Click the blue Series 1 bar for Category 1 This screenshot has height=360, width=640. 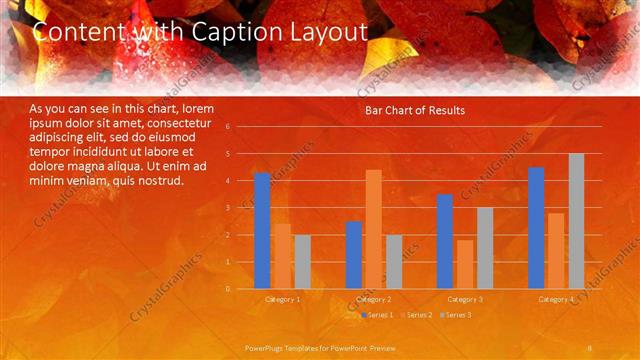(262, 231)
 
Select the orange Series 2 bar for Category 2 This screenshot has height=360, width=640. (373, 229)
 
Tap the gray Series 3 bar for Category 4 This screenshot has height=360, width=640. (576, 221)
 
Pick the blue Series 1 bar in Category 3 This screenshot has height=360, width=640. (445, 241)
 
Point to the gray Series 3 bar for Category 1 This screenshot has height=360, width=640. (302, 262)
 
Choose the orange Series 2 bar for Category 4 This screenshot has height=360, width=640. (556, 251)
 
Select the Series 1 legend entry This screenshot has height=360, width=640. (376, 315)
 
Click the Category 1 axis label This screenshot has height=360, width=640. (282, 299)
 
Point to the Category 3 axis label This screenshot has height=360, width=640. (465, 299)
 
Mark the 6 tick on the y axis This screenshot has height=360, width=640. (228, 127)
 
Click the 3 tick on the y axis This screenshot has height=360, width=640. (228, 208)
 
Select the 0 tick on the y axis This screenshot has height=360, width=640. (228, 289)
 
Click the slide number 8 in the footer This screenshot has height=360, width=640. (591, 347)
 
